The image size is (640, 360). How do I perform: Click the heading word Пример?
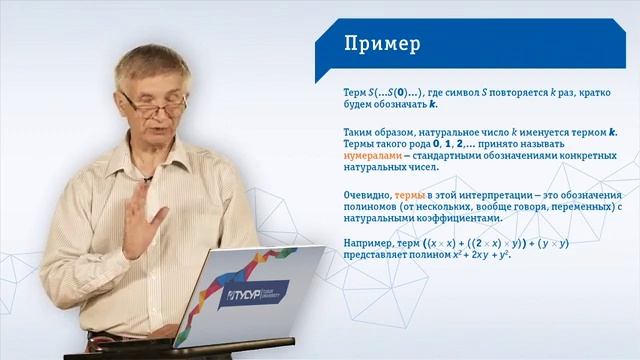click(x=381, y=44)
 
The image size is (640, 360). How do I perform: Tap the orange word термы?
click(x=410, y=193)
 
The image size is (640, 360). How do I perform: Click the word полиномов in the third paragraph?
click(x=371, y=205)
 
